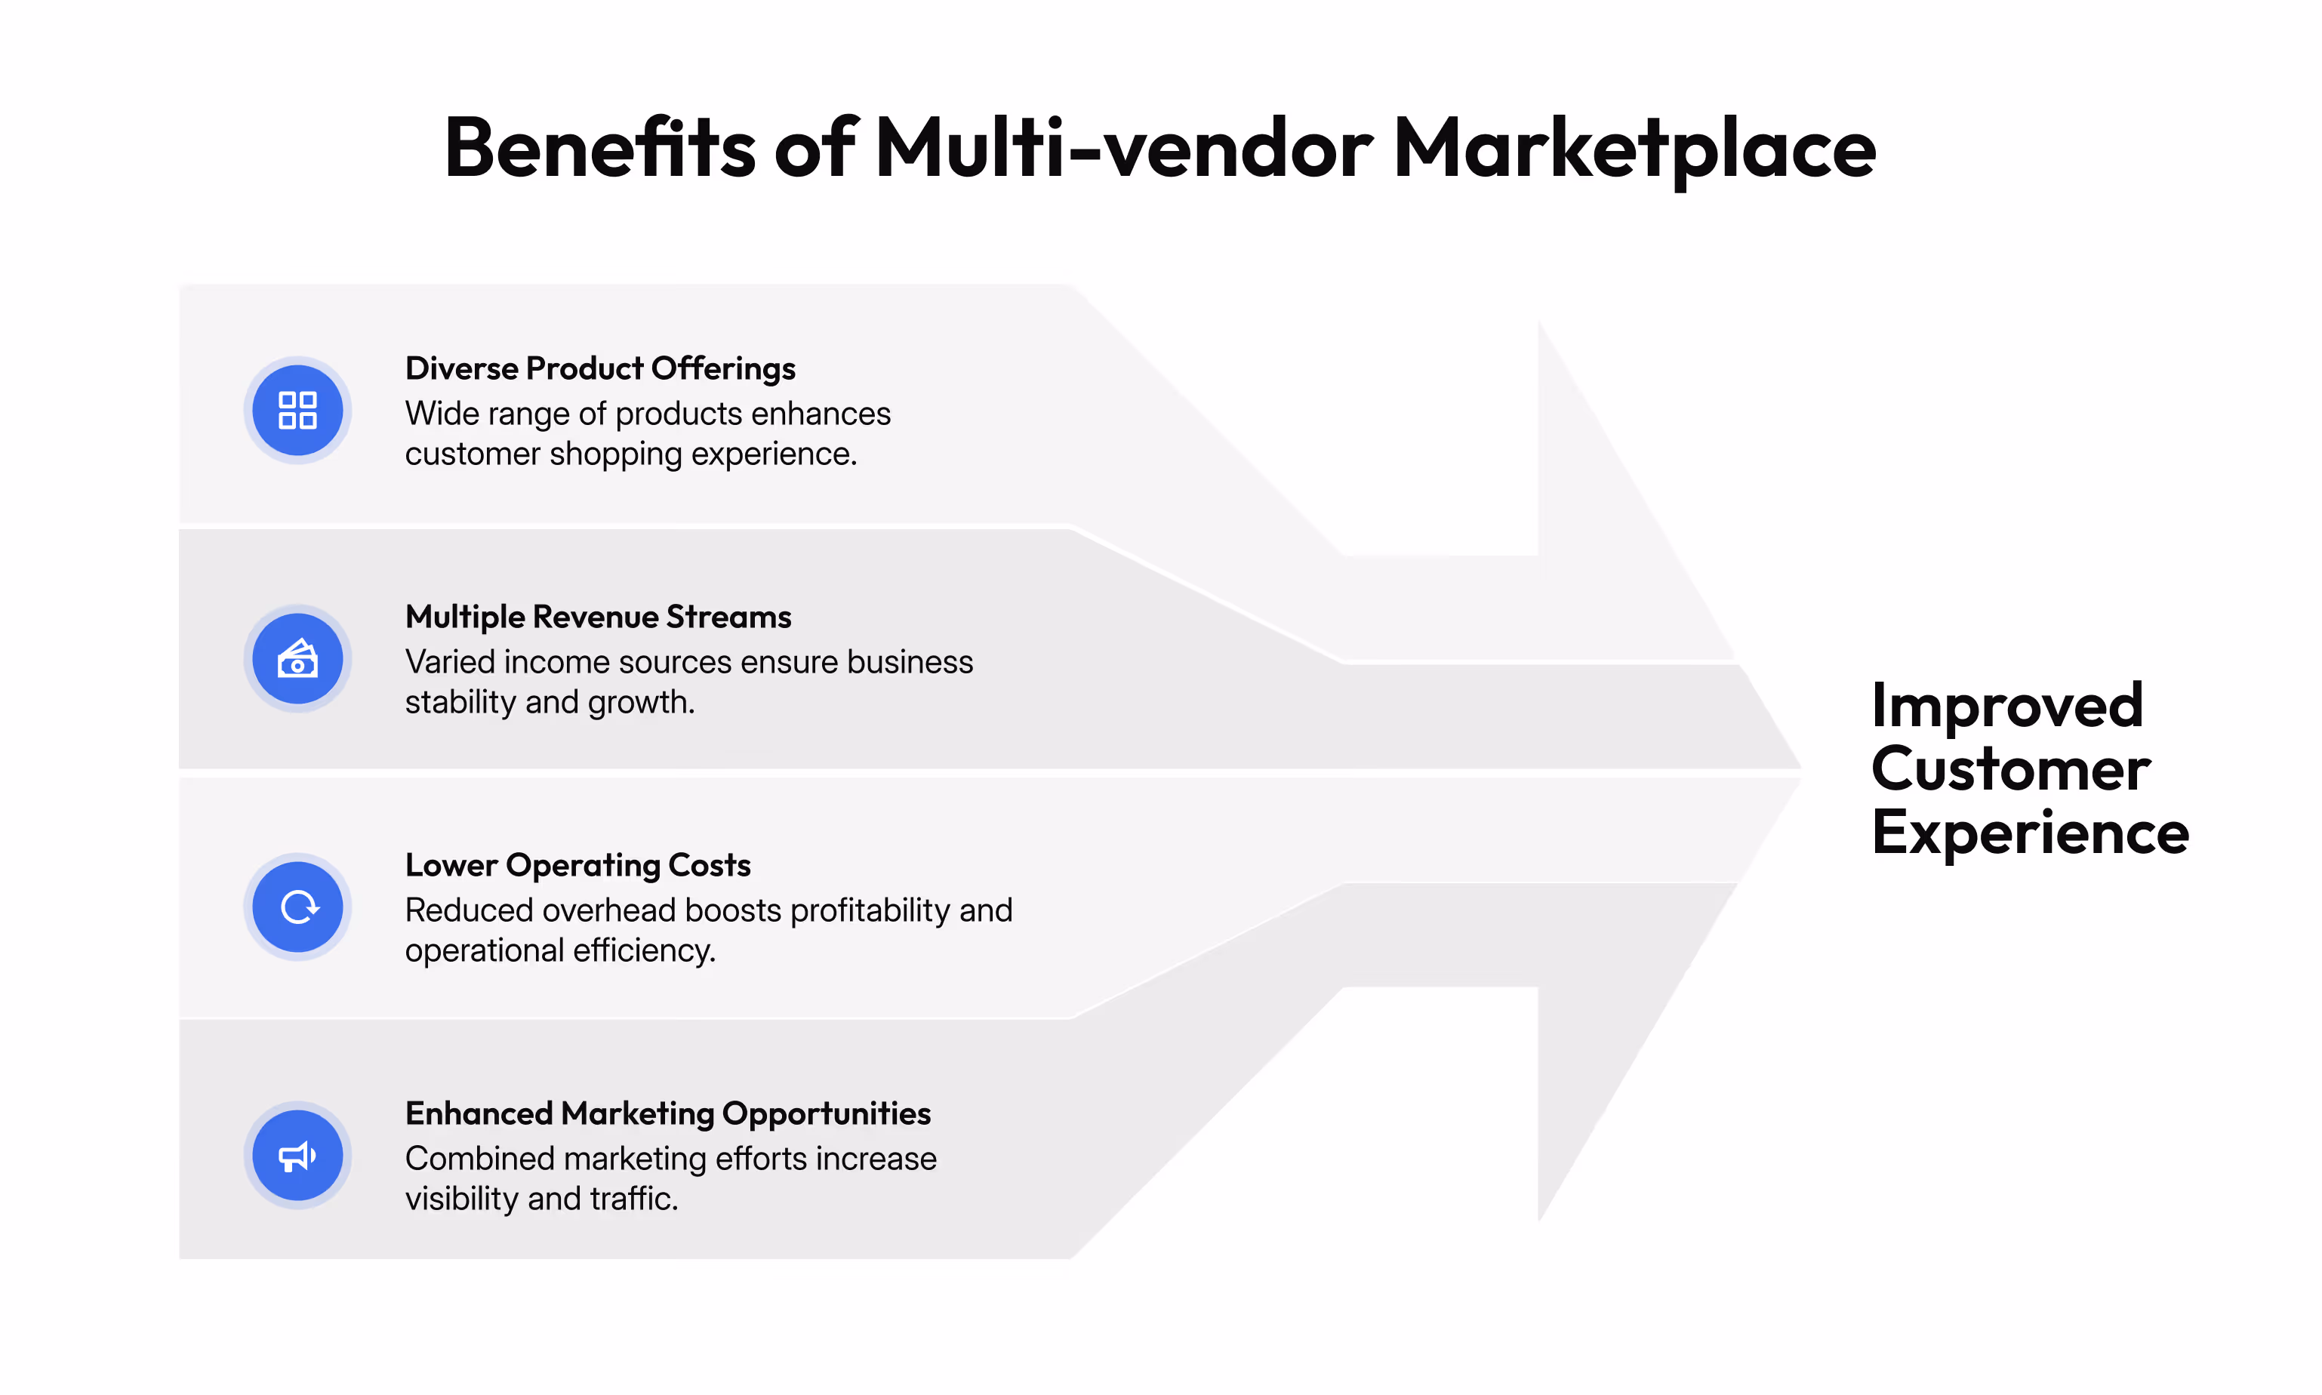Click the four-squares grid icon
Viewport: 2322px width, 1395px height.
pos(297,410)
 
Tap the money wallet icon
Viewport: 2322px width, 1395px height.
pos(297,659)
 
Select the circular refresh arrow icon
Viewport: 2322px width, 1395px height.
pos(297,907)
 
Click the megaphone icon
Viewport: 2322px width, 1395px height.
pos(297,1155)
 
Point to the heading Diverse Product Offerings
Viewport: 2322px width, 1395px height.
pos(600,368)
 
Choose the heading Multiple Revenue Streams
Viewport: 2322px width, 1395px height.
pos(598,617)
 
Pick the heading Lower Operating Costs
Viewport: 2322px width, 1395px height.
pos(577,865)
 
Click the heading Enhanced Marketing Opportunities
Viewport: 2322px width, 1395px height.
pos(667,1113)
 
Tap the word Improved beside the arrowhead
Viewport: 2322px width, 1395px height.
pos(2006,705)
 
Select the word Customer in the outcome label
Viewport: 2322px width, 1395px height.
pos(2010,769)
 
